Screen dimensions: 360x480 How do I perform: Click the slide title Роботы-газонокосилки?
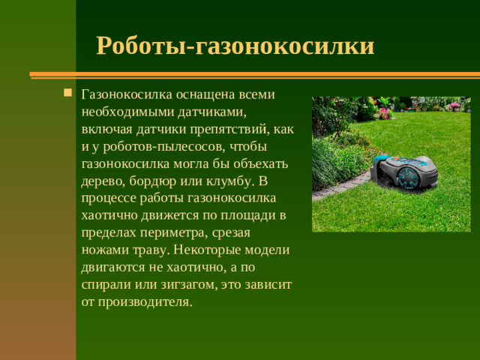pyautogui.click(x=235, y=46)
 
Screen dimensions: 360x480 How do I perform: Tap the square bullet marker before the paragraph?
pyautogui.click(x=67, y=94)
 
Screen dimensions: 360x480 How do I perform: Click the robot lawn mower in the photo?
pyautogui.click(x=402, y=171)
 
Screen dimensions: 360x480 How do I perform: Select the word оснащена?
pyautogui.click(x=205, y=95)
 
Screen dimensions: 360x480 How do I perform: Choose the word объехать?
pyautogui.click(x=255, y=163)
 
